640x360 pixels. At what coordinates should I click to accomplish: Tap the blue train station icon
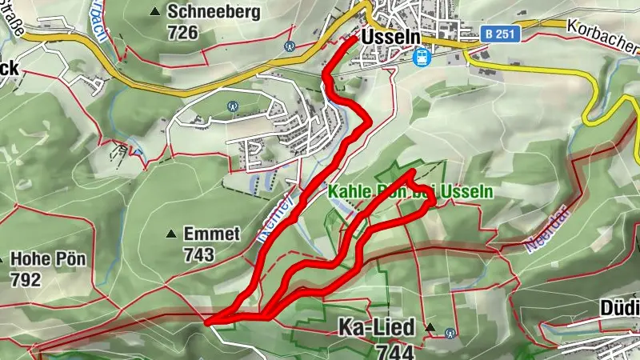pos(421,56)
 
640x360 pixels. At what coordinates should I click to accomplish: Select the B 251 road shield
pos(502,34)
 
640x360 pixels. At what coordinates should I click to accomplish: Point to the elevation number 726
pos(182,32)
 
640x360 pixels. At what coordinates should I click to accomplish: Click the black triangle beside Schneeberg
pos(154,11)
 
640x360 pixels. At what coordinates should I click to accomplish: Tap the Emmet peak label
pos(211,234)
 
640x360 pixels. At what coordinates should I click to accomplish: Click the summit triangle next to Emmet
pos(170,234)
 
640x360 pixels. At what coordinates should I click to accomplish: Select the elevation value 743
pos(198,254)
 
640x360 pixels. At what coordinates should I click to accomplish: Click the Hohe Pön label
pos(48,260)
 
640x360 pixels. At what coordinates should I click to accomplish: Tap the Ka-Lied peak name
pos(376,328)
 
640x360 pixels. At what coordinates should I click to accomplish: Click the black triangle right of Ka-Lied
pos(430,328)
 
